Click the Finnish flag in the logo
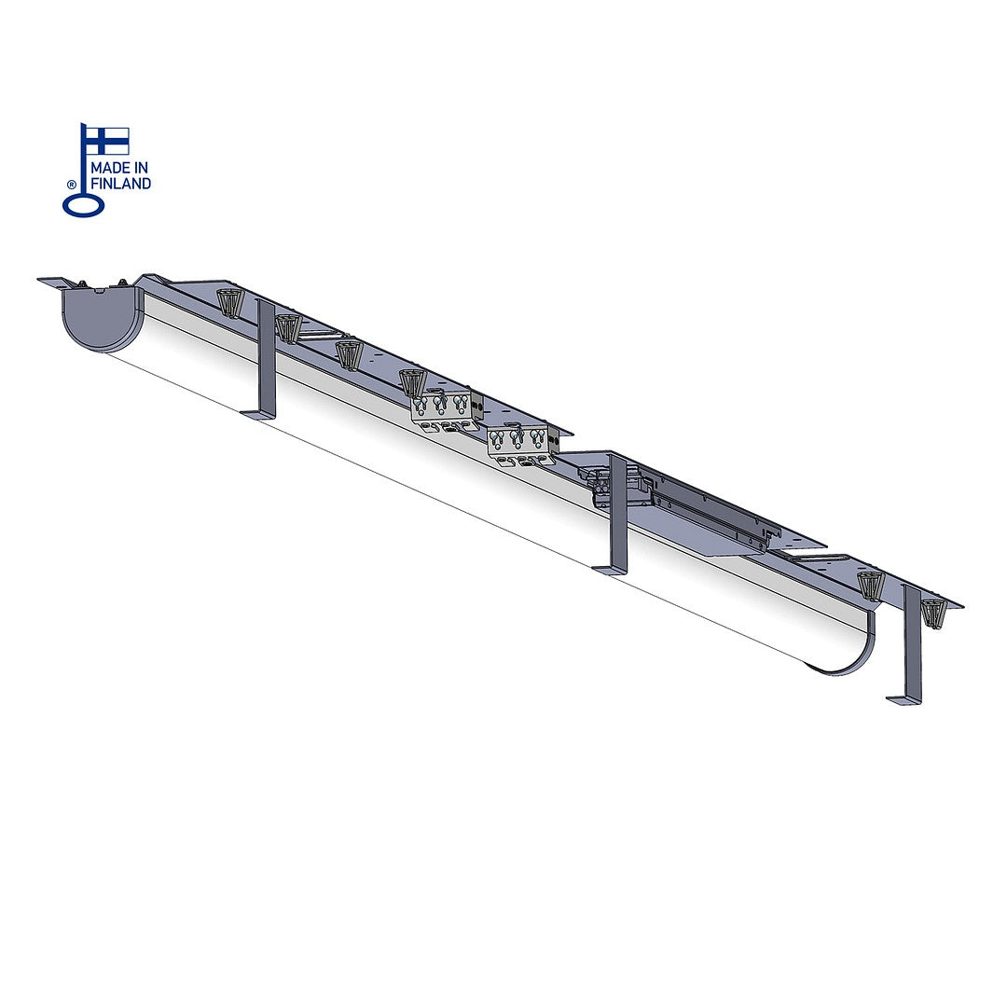[x=108, y=141]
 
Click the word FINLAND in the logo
[x=120, y=184]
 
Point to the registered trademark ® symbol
[x=71, y=186]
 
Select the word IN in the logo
[x=142, y=168]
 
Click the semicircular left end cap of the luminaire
[x=102, y=319]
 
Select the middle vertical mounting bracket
[x=616, y=514]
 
